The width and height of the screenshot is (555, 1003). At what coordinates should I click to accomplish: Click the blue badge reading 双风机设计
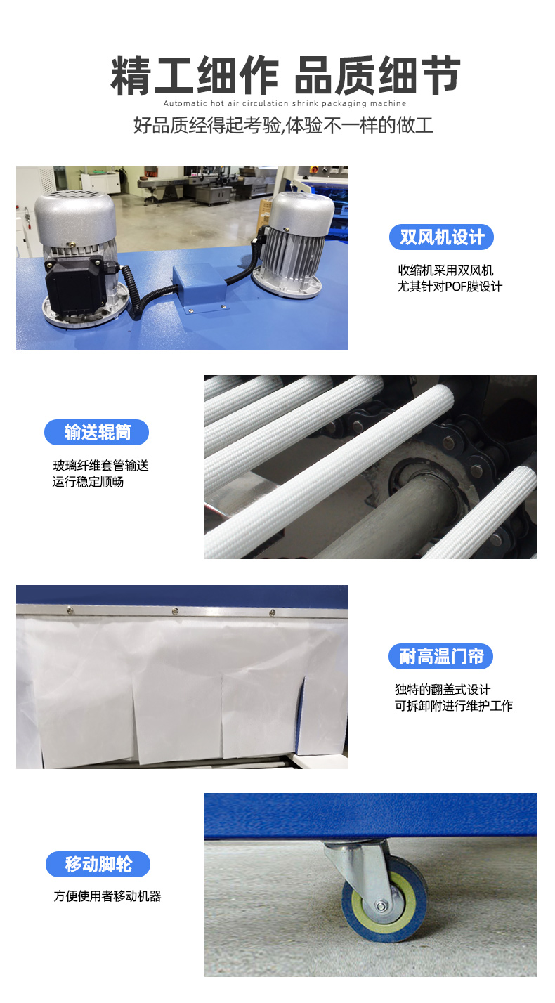(441, 237)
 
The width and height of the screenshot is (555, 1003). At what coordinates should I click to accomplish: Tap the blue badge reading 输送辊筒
(96, 432)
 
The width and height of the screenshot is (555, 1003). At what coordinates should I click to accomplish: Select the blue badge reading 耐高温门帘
(440, 657)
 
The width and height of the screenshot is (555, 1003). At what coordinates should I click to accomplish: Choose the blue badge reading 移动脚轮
(98, 864)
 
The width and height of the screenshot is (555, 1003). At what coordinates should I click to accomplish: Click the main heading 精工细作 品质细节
(285, 76)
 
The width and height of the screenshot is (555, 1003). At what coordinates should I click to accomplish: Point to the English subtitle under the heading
(285, 103)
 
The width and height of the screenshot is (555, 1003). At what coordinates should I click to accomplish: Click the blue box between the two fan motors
(200, 285)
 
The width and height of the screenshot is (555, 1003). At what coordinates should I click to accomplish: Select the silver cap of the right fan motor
(302, 211)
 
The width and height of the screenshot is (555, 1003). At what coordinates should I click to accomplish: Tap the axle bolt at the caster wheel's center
(381, 906)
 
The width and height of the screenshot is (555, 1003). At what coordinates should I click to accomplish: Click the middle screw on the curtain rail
(175, 611)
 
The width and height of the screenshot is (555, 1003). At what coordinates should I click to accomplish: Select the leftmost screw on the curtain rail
(70, 610)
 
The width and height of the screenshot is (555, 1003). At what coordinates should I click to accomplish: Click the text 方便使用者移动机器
(107, 896)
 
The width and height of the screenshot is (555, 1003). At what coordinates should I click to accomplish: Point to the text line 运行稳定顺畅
(88, 482)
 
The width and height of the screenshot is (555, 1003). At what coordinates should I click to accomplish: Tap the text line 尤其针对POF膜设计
(450, 287)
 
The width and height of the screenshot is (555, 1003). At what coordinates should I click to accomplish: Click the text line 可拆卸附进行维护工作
(453, 706)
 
